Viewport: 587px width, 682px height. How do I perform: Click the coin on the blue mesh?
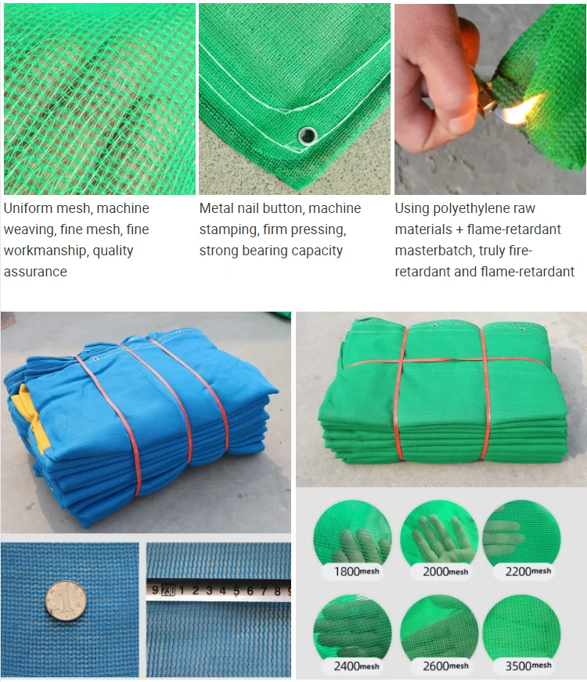click(65, 601)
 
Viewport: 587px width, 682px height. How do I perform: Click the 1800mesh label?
click(357, 572)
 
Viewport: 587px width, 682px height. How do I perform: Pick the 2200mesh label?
click(529, 571)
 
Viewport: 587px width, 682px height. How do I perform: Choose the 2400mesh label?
click(357, 666)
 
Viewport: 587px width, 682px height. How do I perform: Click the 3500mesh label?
click(529, 666)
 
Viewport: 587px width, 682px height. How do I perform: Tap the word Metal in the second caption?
click(218, 209)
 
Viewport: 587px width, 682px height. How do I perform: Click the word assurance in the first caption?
click(35, 272)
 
